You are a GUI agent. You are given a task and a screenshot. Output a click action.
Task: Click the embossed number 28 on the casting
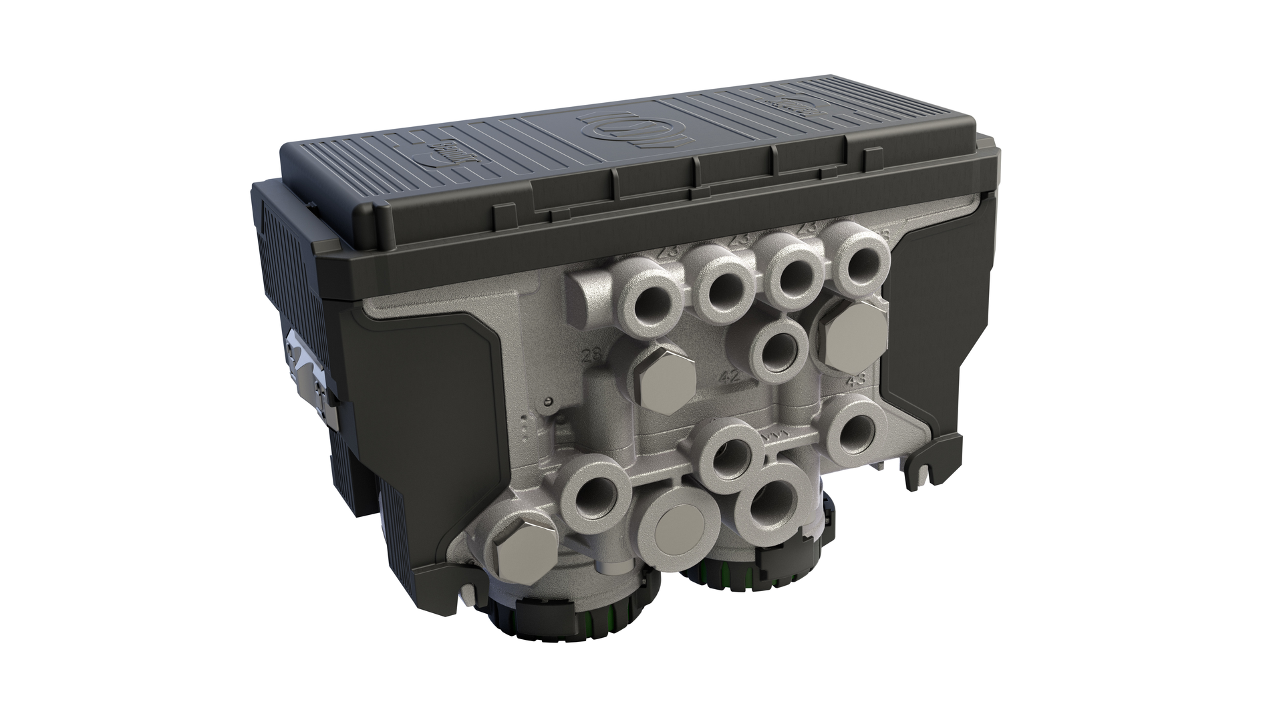coord(590,355)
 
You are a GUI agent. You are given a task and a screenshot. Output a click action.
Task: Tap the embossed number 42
coord(730,376)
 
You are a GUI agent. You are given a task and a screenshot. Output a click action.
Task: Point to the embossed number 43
coord(856,380)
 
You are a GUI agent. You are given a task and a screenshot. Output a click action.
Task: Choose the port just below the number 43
coord(855,427)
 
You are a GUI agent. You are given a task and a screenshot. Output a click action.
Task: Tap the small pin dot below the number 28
coord(548,401)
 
